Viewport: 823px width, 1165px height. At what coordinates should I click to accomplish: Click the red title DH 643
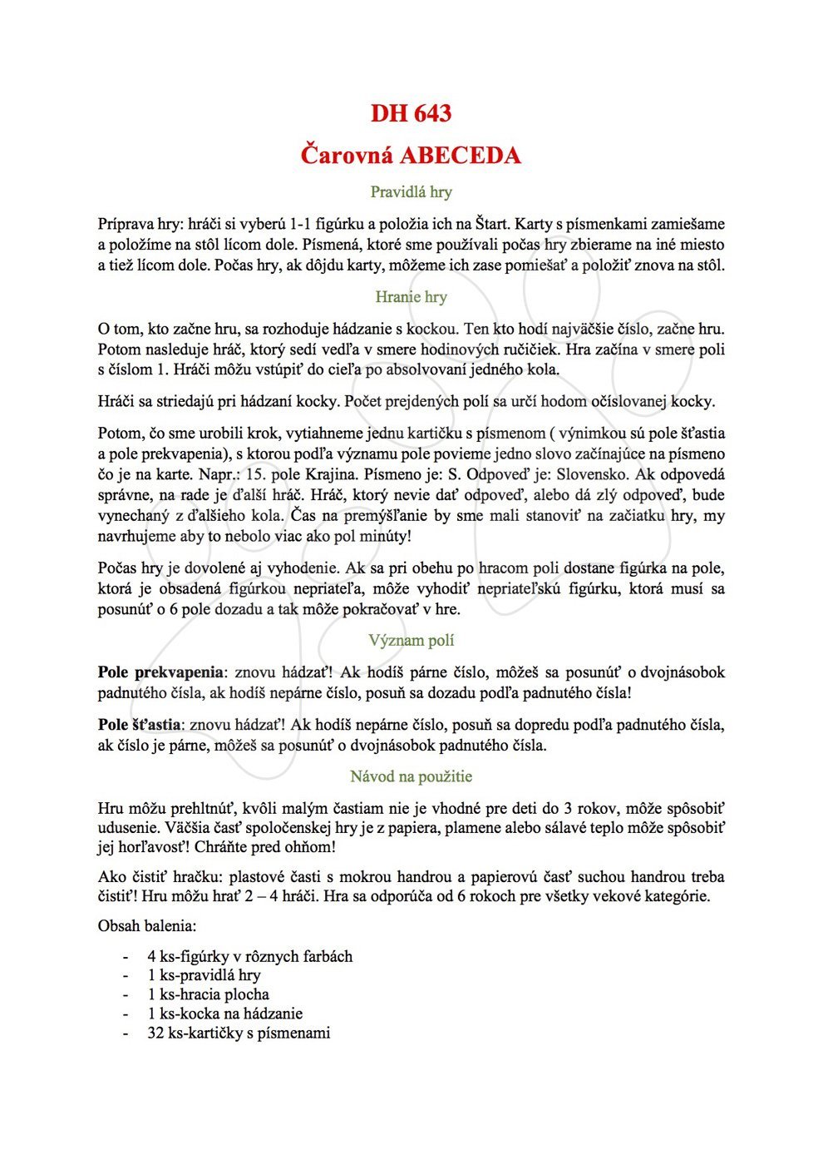[x=411, y=113]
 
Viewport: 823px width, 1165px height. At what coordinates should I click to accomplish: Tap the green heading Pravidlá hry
[x=411, y=192]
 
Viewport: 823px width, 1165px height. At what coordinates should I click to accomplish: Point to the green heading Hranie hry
[x=411, y=297]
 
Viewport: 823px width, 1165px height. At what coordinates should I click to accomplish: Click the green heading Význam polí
[x=411, y=641]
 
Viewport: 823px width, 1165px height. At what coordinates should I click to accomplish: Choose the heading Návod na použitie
[x=411, y=776]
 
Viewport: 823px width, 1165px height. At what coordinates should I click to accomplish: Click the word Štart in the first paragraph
[x=492, y=224]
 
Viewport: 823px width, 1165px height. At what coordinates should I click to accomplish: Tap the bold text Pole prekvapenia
[x=160, y=672]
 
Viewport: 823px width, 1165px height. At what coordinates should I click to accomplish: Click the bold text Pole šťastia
[x=139, y=725]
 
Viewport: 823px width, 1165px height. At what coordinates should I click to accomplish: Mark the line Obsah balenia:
[x=147, y=925]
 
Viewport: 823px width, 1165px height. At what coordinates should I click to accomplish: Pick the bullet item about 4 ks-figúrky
[x=249, y=956]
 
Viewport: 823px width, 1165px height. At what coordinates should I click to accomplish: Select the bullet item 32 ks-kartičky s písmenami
[x=239, y=1033]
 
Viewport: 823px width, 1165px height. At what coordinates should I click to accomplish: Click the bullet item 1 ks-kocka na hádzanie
[x=224, y=1014]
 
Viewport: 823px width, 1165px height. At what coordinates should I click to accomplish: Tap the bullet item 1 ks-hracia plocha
[x=208, y=994]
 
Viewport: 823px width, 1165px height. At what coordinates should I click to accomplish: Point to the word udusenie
[x=129, y=828]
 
